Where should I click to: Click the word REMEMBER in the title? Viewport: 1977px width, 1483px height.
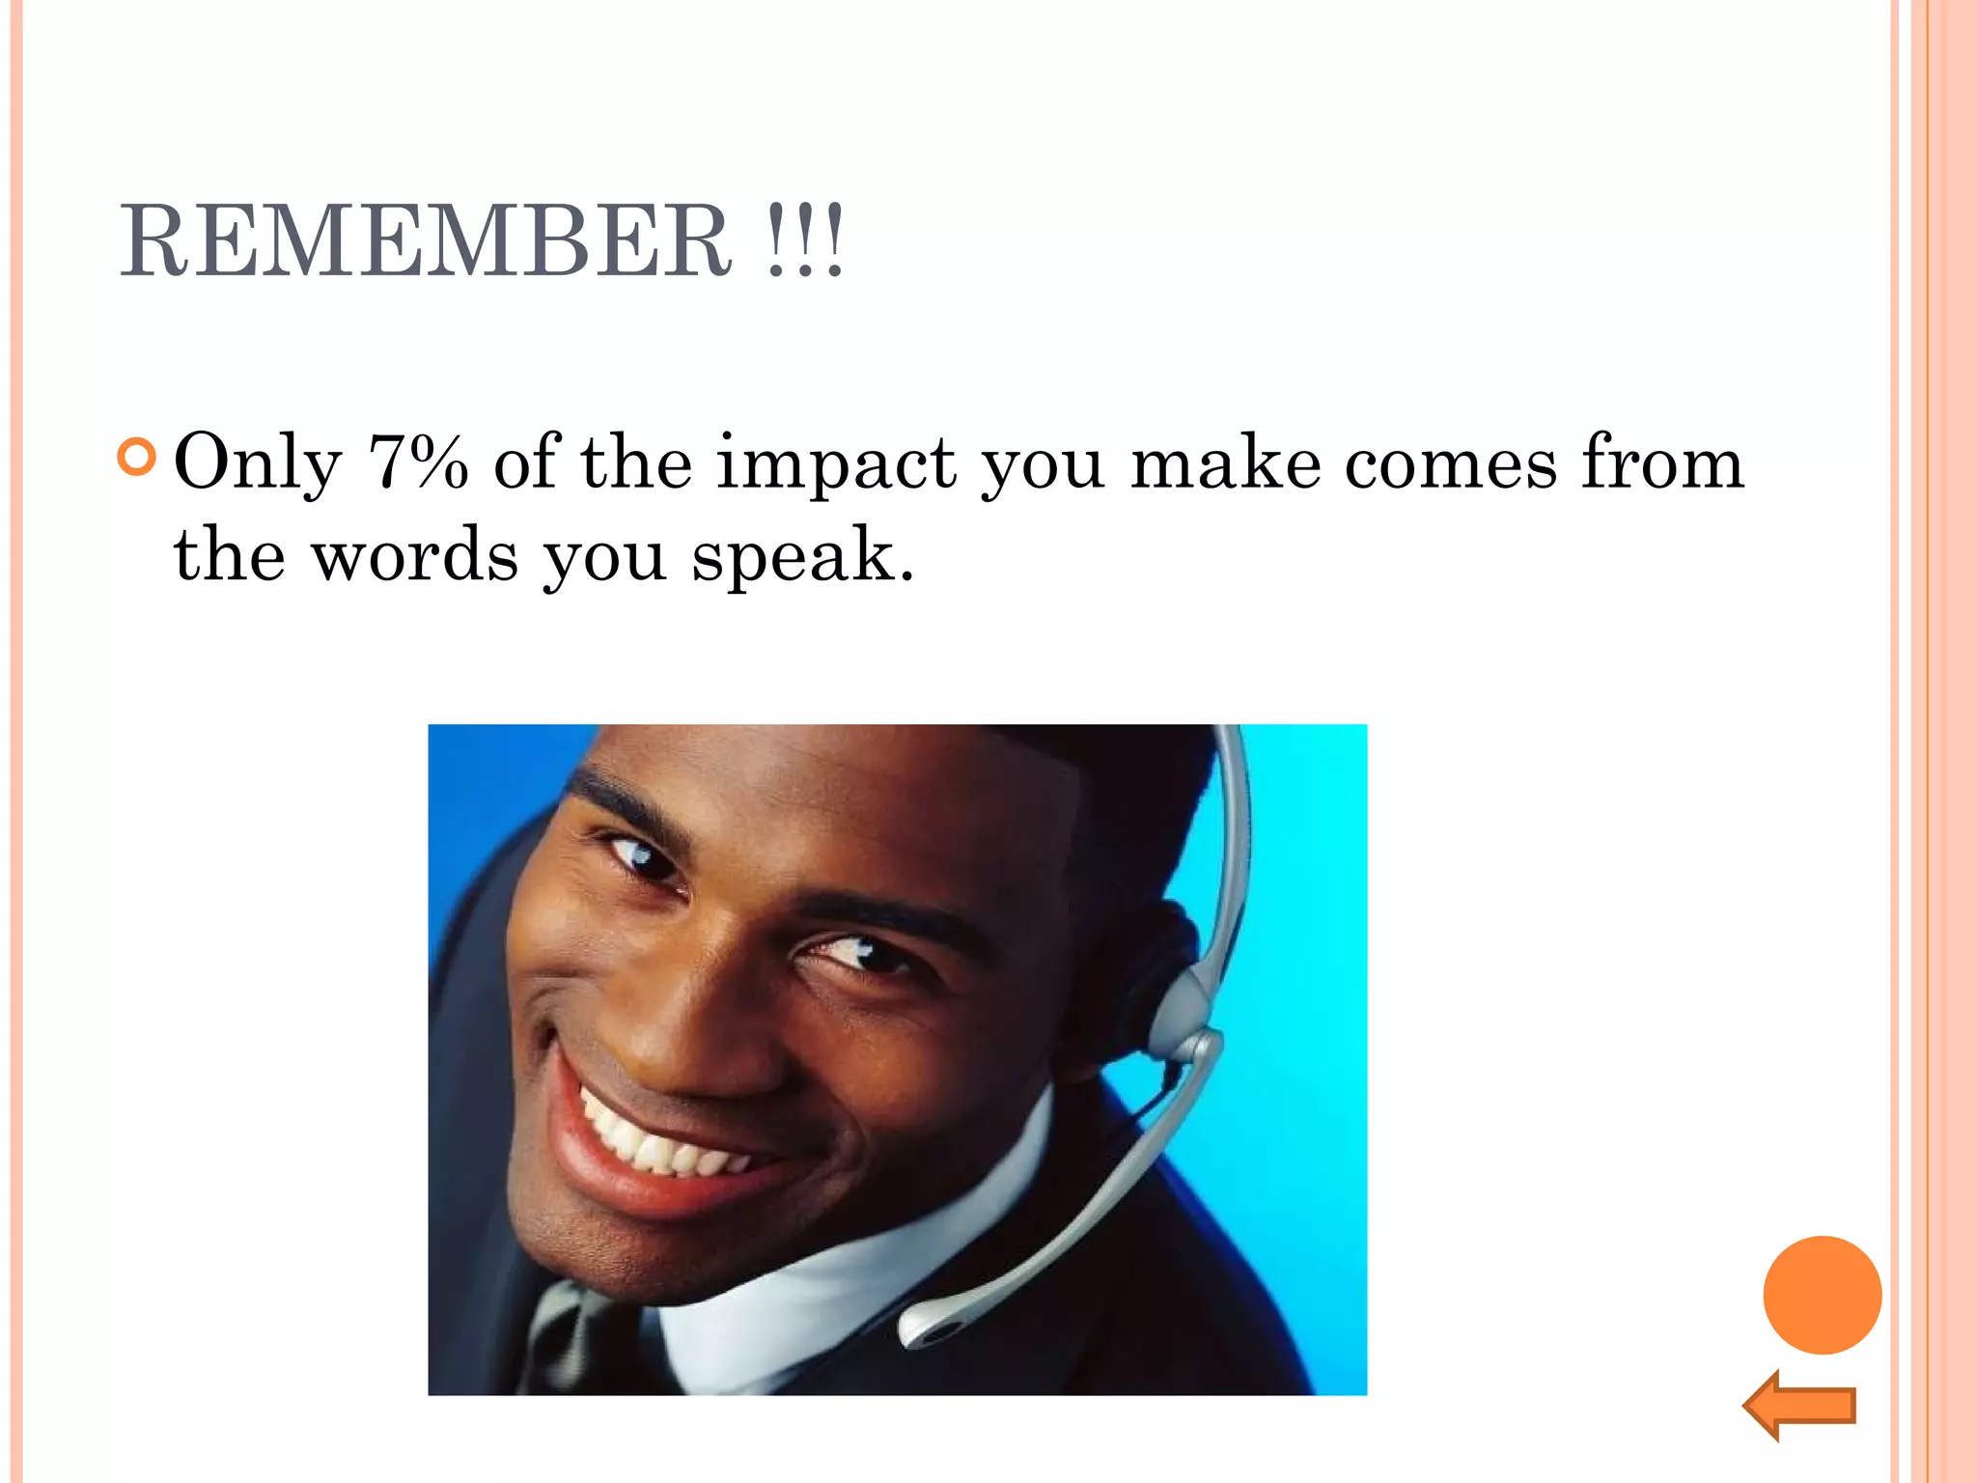(x=425, y=241)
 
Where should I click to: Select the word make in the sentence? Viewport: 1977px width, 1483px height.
(x=1225, y=463)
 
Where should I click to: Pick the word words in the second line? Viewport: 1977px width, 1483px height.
(x=415, y=556)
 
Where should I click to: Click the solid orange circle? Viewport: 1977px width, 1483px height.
(x=1822, y=1295)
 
